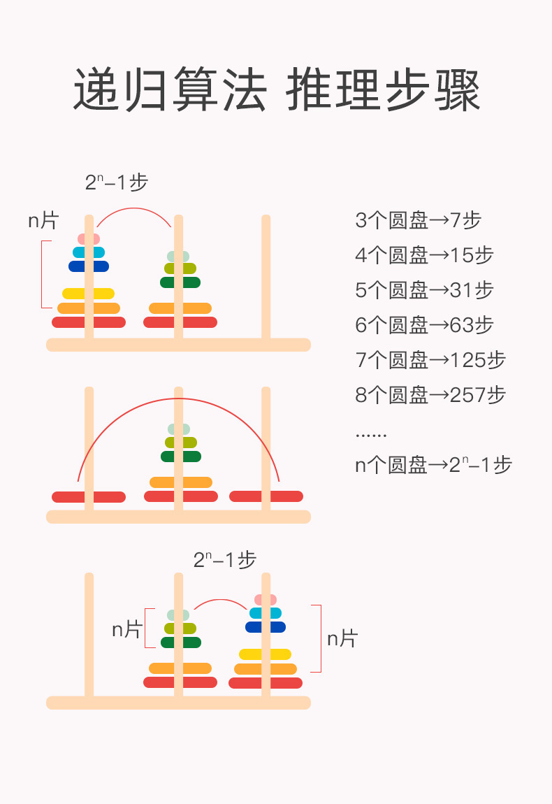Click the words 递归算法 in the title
tap(170, 90)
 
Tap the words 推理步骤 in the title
tap(384, 90)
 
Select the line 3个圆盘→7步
tap(419, 220)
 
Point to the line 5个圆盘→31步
tap(424, 290)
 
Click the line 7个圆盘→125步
tap(430, 360)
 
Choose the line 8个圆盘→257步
tap(430, 395)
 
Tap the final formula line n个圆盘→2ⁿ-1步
tap(433, 465)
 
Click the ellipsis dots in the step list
tap(370, 435)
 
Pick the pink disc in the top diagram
tap(89, 239)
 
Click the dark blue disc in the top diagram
tap(89, 266)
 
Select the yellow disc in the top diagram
tap(88, 294)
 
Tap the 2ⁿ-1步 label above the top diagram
tap(117, 183)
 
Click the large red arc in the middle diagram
tap(178, 400)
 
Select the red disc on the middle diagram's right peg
tap(266, 496)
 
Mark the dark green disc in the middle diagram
tap(181, 457)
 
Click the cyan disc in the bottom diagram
tap(266, 613)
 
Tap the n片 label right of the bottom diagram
tap(342, 638)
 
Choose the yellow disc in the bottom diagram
tap(265, 654)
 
